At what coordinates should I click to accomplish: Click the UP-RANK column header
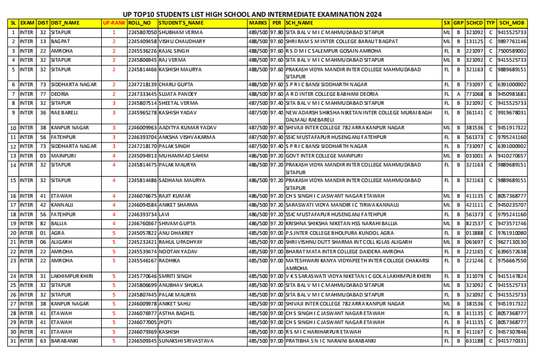(114, 23)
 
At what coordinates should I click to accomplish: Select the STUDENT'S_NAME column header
(181, 23)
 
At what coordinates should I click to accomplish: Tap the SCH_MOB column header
(512, 23)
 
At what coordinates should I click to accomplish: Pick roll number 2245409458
(143, 41)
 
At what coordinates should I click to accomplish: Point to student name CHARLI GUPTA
(175, 84)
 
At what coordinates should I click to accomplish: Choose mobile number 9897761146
(512, 41)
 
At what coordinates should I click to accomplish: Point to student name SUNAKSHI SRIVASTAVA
(186, 341)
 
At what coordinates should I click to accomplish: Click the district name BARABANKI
(66, 341)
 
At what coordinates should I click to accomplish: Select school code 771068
(475, 94)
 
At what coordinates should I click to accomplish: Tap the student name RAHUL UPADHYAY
(181, 242)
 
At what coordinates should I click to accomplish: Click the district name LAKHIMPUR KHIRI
(72, 276)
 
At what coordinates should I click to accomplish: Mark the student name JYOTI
(165, 322)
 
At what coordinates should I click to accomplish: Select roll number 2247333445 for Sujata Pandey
(143, 94)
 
